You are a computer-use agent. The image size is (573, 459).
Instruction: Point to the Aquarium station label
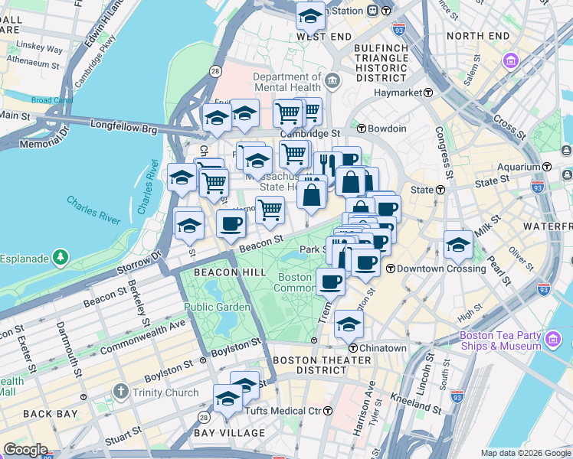[x=517, y=167]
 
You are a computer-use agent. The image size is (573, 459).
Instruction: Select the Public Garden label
[x=217, y=307]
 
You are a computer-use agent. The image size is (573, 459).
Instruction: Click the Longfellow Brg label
[x=123, y=122]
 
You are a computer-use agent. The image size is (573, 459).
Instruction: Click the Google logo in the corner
[x=26, y=449]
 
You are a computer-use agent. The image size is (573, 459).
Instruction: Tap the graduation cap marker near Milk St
[x=457, y=245]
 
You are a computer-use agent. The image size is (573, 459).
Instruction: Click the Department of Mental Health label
[x=287, y=82]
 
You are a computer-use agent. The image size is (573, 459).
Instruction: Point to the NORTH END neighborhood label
[x=477, y=36]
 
